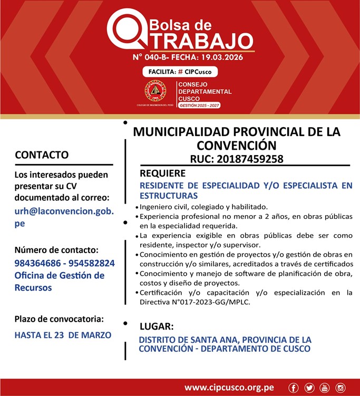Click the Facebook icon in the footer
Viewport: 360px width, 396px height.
[294, 388]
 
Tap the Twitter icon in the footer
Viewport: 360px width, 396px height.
[309, 388]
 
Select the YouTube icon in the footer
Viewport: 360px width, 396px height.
[324, 388]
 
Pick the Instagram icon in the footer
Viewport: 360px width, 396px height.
[340, 388]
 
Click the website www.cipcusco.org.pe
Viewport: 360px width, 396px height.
[229, 388]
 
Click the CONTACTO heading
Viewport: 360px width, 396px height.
[42, 155]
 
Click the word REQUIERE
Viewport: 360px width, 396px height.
[162, 173]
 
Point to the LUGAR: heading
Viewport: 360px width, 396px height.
[156, 326]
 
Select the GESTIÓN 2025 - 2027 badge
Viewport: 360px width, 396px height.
[199, 105]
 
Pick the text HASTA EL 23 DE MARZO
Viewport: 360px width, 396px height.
[63, 335]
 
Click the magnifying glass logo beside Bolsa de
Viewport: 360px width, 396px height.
[126, 30]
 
